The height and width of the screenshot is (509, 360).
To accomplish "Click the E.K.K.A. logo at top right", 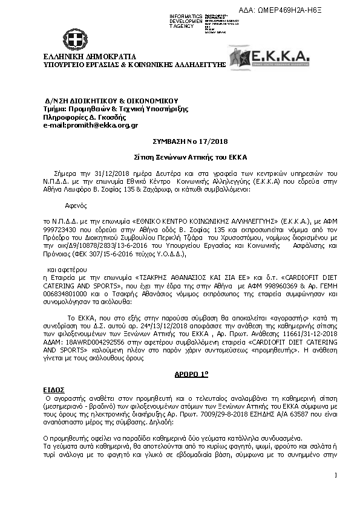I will coord(269,59).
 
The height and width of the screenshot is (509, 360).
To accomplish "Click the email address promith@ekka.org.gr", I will coord(90,125).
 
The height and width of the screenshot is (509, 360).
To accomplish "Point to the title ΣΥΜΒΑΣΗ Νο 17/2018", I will coord(180,140).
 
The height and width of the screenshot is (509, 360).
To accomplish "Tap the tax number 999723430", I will coord(59,230).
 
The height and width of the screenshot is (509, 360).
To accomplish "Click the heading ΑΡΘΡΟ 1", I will coord(180,374).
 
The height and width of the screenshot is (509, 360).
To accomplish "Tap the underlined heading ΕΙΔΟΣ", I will coord(53,391).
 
